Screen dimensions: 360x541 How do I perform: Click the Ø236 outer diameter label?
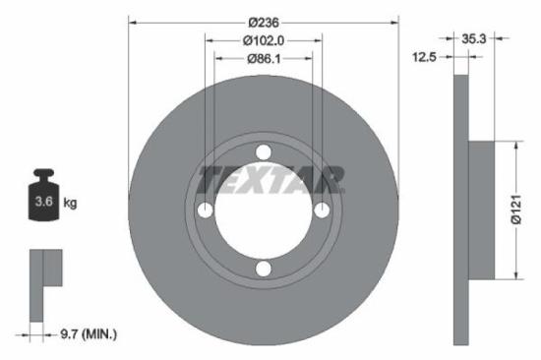click(x=264, y=23)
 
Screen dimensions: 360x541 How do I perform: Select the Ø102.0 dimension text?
click(x=263, y=40)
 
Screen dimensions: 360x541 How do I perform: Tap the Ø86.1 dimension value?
click(x=263, y=59)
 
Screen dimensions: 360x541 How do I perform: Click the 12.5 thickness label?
click(x=425, y=58)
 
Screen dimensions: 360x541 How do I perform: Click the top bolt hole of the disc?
click(x=263, y=152)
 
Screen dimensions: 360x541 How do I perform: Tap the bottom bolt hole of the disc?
click(x=263, y=269)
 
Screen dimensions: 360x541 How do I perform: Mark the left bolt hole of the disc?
click(x=205, y=210)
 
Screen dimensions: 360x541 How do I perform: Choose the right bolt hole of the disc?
click(x=321, y=210)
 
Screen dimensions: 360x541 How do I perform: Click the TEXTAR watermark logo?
click(x=270, y=180)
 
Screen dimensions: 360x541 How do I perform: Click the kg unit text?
click(x=70, y=204)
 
